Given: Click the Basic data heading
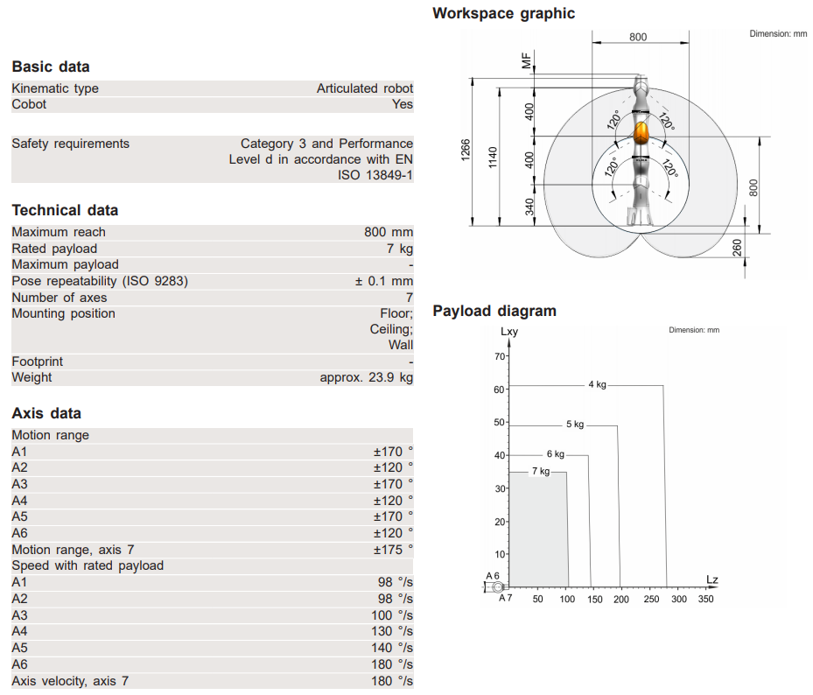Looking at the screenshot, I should [x=51, y=67].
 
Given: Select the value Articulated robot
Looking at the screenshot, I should [x=365, y=88].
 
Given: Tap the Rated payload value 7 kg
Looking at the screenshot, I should [x=398, y=249].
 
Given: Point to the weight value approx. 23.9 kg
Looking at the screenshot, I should [x=367, y=377].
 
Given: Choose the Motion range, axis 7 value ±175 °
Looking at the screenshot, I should [x=393, y=550].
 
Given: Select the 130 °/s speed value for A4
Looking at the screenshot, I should [x=392, y=631].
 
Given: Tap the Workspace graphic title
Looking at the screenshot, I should [x=504, y=13].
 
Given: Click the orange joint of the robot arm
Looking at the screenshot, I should [x=642, y=133].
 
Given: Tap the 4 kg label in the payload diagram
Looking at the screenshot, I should [x=597, y=385].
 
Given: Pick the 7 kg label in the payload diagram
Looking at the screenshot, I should [x=541, y=472].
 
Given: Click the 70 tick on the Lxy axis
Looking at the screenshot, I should [x=500, y=357].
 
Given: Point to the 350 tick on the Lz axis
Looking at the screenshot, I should [x=705, y=600].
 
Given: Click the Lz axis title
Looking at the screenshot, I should [x=712, y=579].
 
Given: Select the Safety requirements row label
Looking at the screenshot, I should [x=70, y=144].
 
